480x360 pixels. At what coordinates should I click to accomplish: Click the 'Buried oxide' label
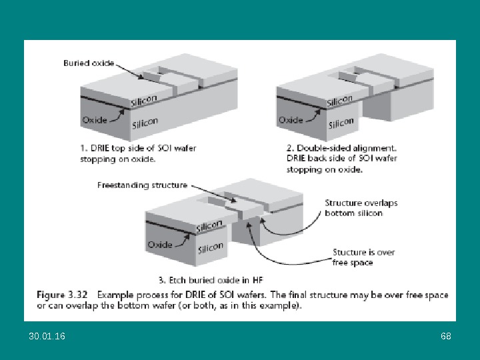(x=88, y=63)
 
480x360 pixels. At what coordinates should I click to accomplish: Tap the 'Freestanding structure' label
(x=142, y=185)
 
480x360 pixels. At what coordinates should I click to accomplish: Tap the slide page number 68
(x=446, y=336)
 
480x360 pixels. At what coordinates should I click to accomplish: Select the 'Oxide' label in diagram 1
(x=95, y=120)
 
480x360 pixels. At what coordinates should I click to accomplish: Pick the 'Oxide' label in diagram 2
(x=291, y=120)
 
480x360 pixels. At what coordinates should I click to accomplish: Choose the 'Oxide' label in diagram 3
(x=160, y=244)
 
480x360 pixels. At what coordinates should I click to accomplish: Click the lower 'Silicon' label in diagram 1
(x=145, y=122)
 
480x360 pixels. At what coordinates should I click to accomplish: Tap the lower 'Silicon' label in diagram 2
(x=341, y=123)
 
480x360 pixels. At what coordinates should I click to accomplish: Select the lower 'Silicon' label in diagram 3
(x=211, y=247)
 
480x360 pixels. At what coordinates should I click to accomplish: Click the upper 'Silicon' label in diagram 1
(x=145, y=100)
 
